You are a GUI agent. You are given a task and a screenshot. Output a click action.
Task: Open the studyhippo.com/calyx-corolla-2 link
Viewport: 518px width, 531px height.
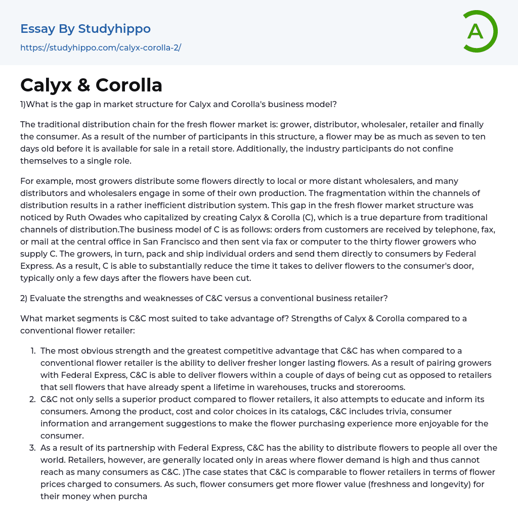click(101, 47)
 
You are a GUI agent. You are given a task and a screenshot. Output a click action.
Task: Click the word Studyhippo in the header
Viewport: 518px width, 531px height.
click(114, 29)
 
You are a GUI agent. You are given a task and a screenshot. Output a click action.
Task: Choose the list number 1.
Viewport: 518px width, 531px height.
click(33, 351)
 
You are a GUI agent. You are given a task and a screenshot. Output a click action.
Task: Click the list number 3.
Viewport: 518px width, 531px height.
click(33, 448)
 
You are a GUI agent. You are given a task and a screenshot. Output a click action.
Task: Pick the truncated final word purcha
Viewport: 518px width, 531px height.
click(133, 496)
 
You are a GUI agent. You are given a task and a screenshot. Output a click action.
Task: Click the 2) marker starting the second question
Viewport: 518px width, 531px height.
click(24, 298)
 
